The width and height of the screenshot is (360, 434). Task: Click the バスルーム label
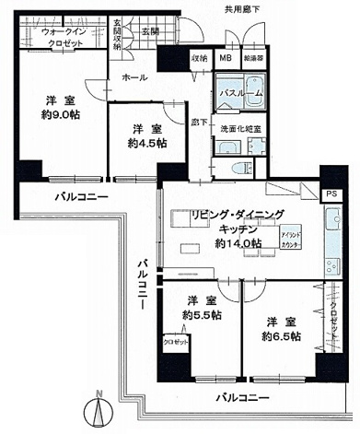(x=239, y=94)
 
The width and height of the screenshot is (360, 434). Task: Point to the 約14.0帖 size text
(x=238, y=244)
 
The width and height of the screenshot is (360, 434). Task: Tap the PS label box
(x=330, y=194)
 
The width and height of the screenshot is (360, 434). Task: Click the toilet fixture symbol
(x=237, y=169)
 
